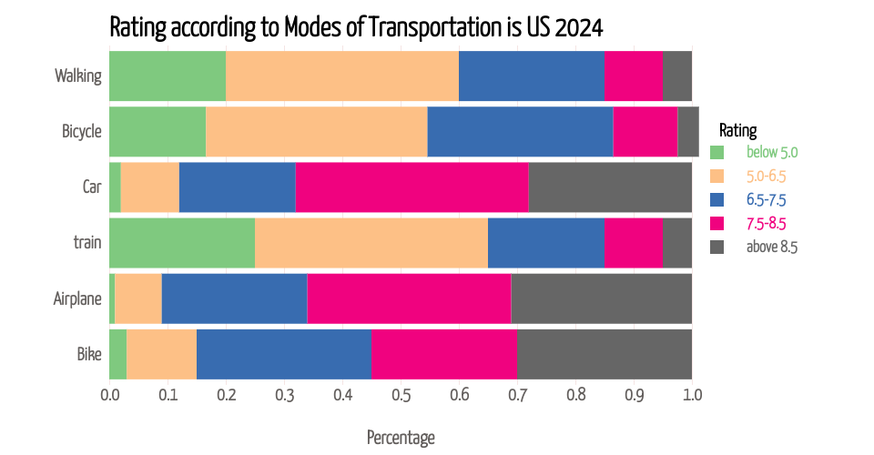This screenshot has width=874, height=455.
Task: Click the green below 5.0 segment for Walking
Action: pyautogui.click(x=168, y=76)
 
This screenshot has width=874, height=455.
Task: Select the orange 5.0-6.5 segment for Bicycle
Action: pyautogui.click(x=316, y=131)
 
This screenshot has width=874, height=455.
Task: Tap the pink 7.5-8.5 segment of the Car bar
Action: pyautogui.click(x=412, y=187)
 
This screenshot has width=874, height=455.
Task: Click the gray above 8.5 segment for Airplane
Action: pyautogui.click(x=601, y=298)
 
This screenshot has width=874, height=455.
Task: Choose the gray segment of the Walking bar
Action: pyautogui.click(x=676, y=76)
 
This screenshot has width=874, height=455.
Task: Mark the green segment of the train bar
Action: pyautogui.click(x=182, y=243)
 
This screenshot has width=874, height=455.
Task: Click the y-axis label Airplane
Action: pyautogui.click(x=77, y=298)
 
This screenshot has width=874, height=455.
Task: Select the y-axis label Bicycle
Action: pyautogui.click(x=81, y=131)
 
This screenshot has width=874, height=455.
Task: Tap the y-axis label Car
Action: pyautogui.click(x=91, y=187)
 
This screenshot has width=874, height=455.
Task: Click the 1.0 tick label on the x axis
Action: pyautogui.click(x=692, y=396)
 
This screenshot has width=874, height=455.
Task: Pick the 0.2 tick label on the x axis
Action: pyautogui.click(x=226, y=396)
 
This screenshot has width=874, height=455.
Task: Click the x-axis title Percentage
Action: pyautogui.click(x=401, y=438)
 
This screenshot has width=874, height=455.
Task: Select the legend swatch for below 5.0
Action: pyautogui.click(x=716, y=152)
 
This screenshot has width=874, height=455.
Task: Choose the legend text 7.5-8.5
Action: pyautogui.click(x=766, y=223)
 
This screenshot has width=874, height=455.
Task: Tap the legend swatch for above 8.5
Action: pyautogui.click(x=716, y=247)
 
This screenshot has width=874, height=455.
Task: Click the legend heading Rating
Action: pyautogui.click(x=737, y=130)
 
